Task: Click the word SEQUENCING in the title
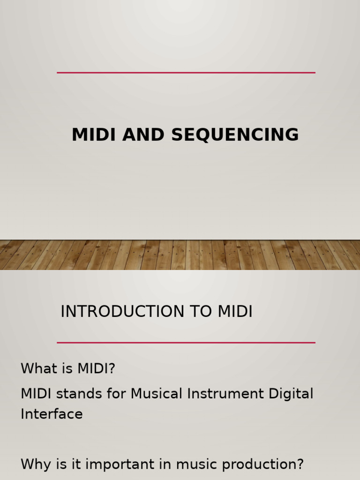[235, 135]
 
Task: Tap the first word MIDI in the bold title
[94, 135]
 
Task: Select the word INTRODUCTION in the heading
[123, 312]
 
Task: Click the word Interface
[52, 414]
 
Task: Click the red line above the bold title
[186, 73]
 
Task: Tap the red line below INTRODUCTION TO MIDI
[186, 343]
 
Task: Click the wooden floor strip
[180, 255]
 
